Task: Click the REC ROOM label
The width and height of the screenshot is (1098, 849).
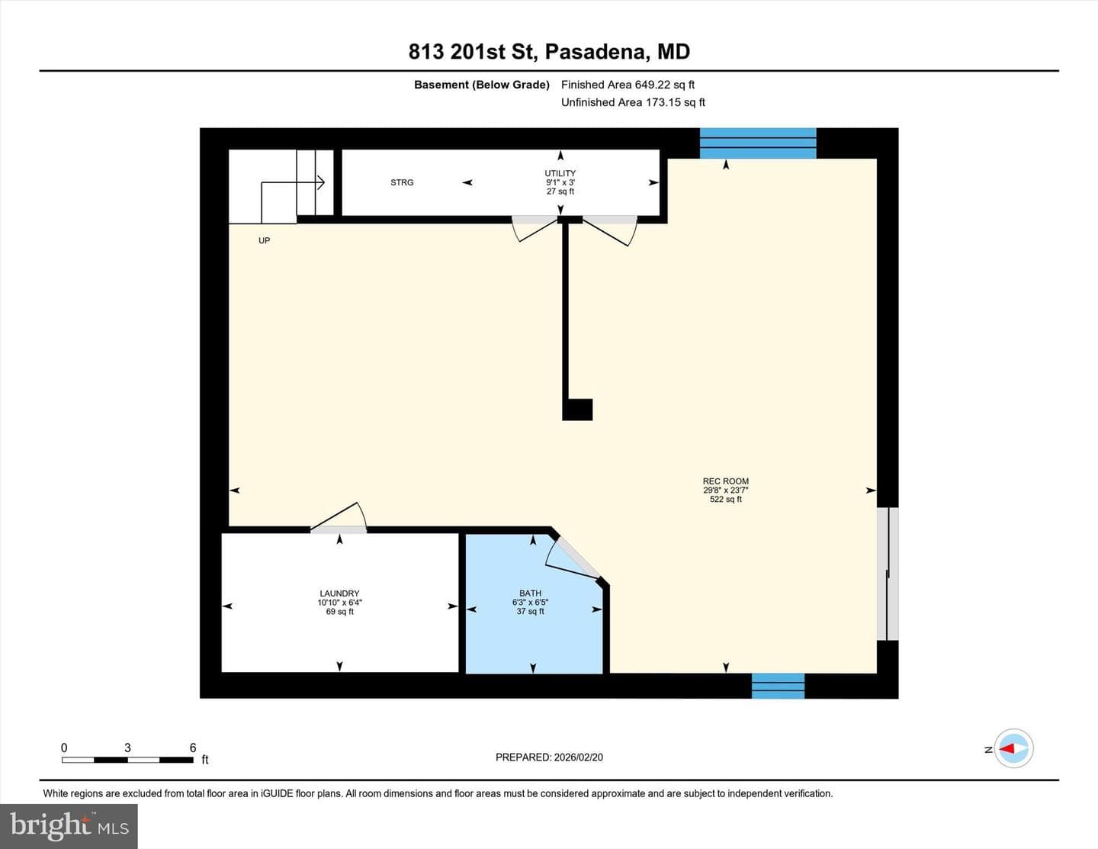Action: [x=726, y=481]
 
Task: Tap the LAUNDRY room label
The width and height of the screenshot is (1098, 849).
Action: [x=339, y=593]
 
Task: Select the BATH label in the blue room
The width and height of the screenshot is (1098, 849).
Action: [x=530, y=593]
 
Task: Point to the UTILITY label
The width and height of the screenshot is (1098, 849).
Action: [x=560, y=173]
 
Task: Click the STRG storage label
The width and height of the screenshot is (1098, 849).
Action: [x=402, y=182]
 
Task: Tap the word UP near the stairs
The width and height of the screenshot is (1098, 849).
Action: [x=265, y=240]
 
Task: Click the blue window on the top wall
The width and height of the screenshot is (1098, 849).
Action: [x=757, y=143]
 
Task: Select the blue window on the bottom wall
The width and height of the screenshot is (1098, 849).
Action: [x=779, y=686]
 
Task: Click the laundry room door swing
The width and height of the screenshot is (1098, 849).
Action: [x=339, y=516]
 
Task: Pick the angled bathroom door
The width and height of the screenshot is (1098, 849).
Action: [x=572, y=558]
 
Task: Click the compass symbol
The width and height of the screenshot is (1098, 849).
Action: [x=1013, y=749]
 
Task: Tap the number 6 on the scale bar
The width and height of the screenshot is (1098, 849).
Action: [x=192, y=748]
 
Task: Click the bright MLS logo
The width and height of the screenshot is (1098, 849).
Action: [x=69, y=826]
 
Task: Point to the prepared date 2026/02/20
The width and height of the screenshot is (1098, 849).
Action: [x=578, y=757]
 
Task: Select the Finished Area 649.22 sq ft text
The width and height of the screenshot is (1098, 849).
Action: [x=628, y=85]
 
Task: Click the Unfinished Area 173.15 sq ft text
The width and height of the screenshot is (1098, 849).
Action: [x=633, y=102]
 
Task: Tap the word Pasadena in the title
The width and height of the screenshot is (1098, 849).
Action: [x=597, y=52]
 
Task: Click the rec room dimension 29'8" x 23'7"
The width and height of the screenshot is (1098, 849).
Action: [x=726, y=490]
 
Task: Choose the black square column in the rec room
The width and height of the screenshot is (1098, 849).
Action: [x=577, y=410]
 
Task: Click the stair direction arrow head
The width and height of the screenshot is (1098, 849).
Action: [x=321, y=182]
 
